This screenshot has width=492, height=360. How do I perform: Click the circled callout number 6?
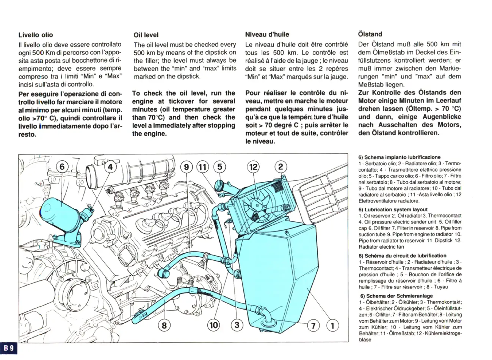pyautogui.click(x=63, y=167)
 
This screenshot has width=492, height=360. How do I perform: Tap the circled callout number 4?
pyautogui.click(x=110, y=167)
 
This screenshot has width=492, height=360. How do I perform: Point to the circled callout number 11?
pyautogui.click(x=203, y=167)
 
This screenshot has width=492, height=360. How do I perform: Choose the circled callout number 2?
pyautogui.click(x=280, y=167)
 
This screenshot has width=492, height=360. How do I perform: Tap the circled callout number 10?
pyautogui.click(x=214, y=324)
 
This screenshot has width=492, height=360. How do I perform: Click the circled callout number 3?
pyautogui.click(x=237, y=324)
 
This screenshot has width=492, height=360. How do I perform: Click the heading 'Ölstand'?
pyautogui.click(x=370, y=34)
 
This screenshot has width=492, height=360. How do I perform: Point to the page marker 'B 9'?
pyautogui.click(x=9, y=347)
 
